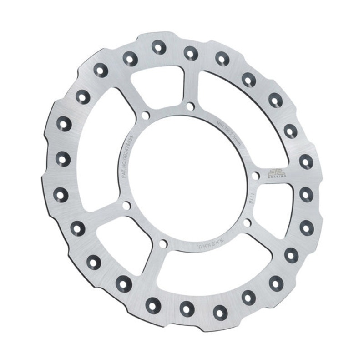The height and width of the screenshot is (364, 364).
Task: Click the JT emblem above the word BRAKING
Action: point(275,172)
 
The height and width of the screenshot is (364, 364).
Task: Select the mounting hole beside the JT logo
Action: point(256,176)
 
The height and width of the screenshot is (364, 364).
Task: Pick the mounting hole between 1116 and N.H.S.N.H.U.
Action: point(247,222)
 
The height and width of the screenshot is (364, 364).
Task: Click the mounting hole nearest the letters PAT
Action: point(126,206)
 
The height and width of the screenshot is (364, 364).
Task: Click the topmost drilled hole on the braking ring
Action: point(159,46)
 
